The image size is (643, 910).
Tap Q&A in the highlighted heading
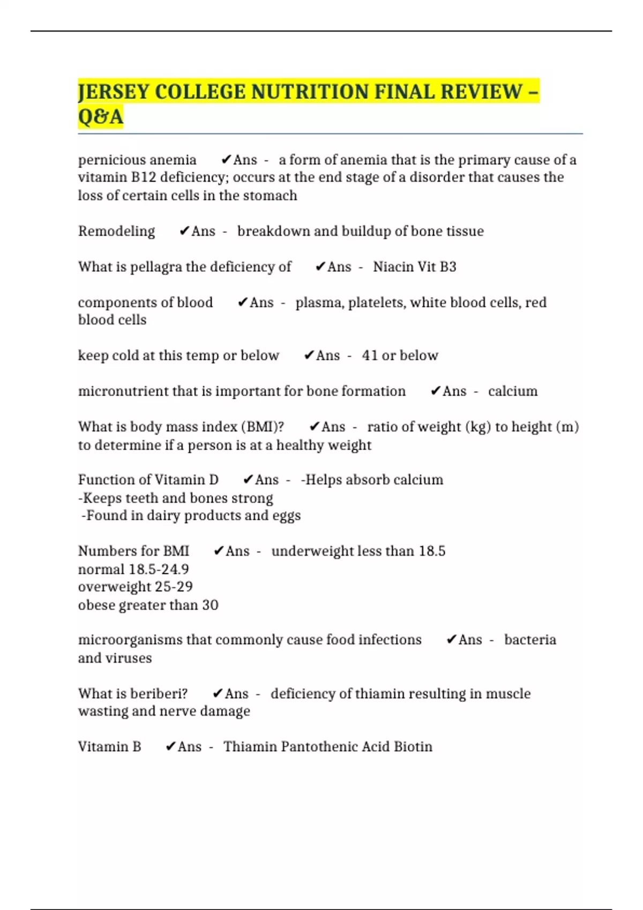(101, 116)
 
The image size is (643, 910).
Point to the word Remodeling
(116, 231)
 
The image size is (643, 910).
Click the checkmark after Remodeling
(184, 231)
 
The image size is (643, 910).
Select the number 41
(370, 355)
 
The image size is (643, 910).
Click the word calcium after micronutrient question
(512, 391)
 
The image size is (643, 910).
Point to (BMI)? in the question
(263, 427)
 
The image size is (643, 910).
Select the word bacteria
(530, 640)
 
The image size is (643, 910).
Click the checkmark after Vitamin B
(170, 747)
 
